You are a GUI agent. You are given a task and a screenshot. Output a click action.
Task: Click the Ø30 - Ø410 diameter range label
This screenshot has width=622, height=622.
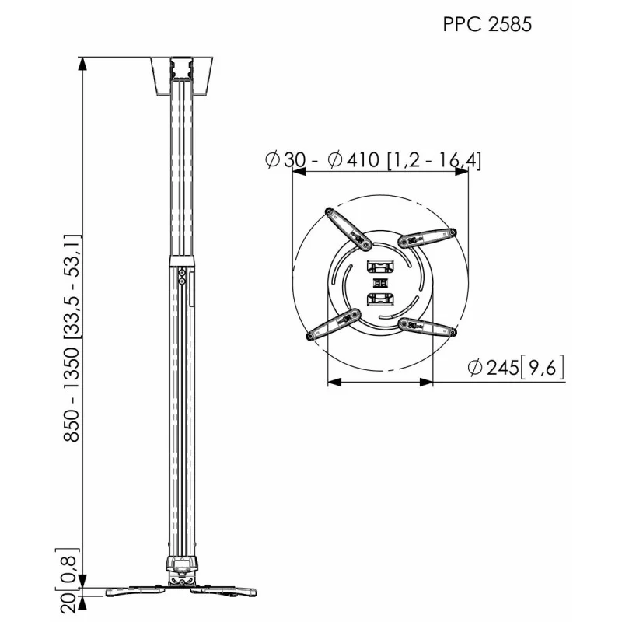click(373, 160)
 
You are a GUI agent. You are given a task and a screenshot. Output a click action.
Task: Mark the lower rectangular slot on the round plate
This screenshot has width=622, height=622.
click(380, 299)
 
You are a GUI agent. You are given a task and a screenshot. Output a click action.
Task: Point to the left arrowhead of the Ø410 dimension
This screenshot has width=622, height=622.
click(296, 173)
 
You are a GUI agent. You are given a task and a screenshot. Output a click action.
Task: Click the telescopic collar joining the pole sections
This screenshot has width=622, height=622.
click(180, 260)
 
